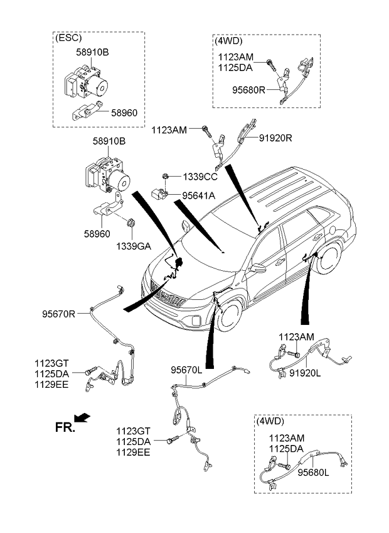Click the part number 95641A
[x=198, y=196]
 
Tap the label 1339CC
[x=200, y=177]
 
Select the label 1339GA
[x=134, y=246]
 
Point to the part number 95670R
[x=59, y=314]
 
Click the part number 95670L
[x=186, y=370]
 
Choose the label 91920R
[x=275, y=138]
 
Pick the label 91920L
[x=305, y=373]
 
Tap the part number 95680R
[x=249, y=90]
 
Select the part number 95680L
[x=313, y=473]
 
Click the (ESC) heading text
[x=68, y=37]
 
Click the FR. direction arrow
[x=82, y=417]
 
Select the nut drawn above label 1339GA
[x=131, y=223]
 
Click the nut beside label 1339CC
[x=165, y=177]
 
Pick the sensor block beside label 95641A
[x=159, y=194]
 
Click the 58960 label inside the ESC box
[x=124, y=113]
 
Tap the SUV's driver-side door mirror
[x=258, y=268]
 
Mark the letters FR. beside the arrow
[x=65, y=427]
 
